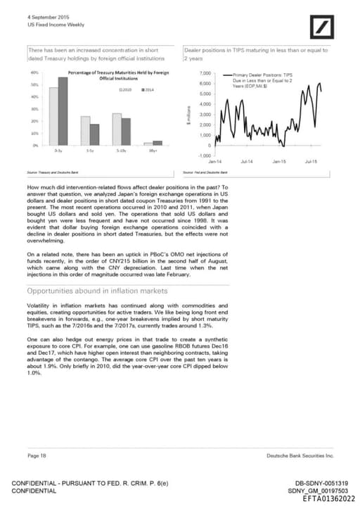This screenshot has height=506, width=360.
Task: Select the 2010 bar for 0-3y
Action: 53,116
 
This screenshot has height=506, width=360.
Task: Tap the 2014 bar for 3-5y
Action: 95,134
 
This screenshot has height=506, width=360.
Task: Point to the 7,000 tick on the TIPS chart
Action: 206,73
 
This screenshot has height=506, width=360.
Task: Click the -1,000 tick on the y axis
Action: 205,156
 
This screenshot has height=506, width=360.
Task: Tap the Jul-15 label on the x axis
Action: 311,161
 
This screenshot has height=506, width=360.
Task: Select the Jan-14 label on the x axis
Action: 214,161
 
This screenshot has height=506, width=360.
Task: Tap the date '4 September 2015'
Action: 44,16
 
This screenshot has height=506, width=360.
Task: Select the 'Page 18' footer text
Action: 37,456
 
